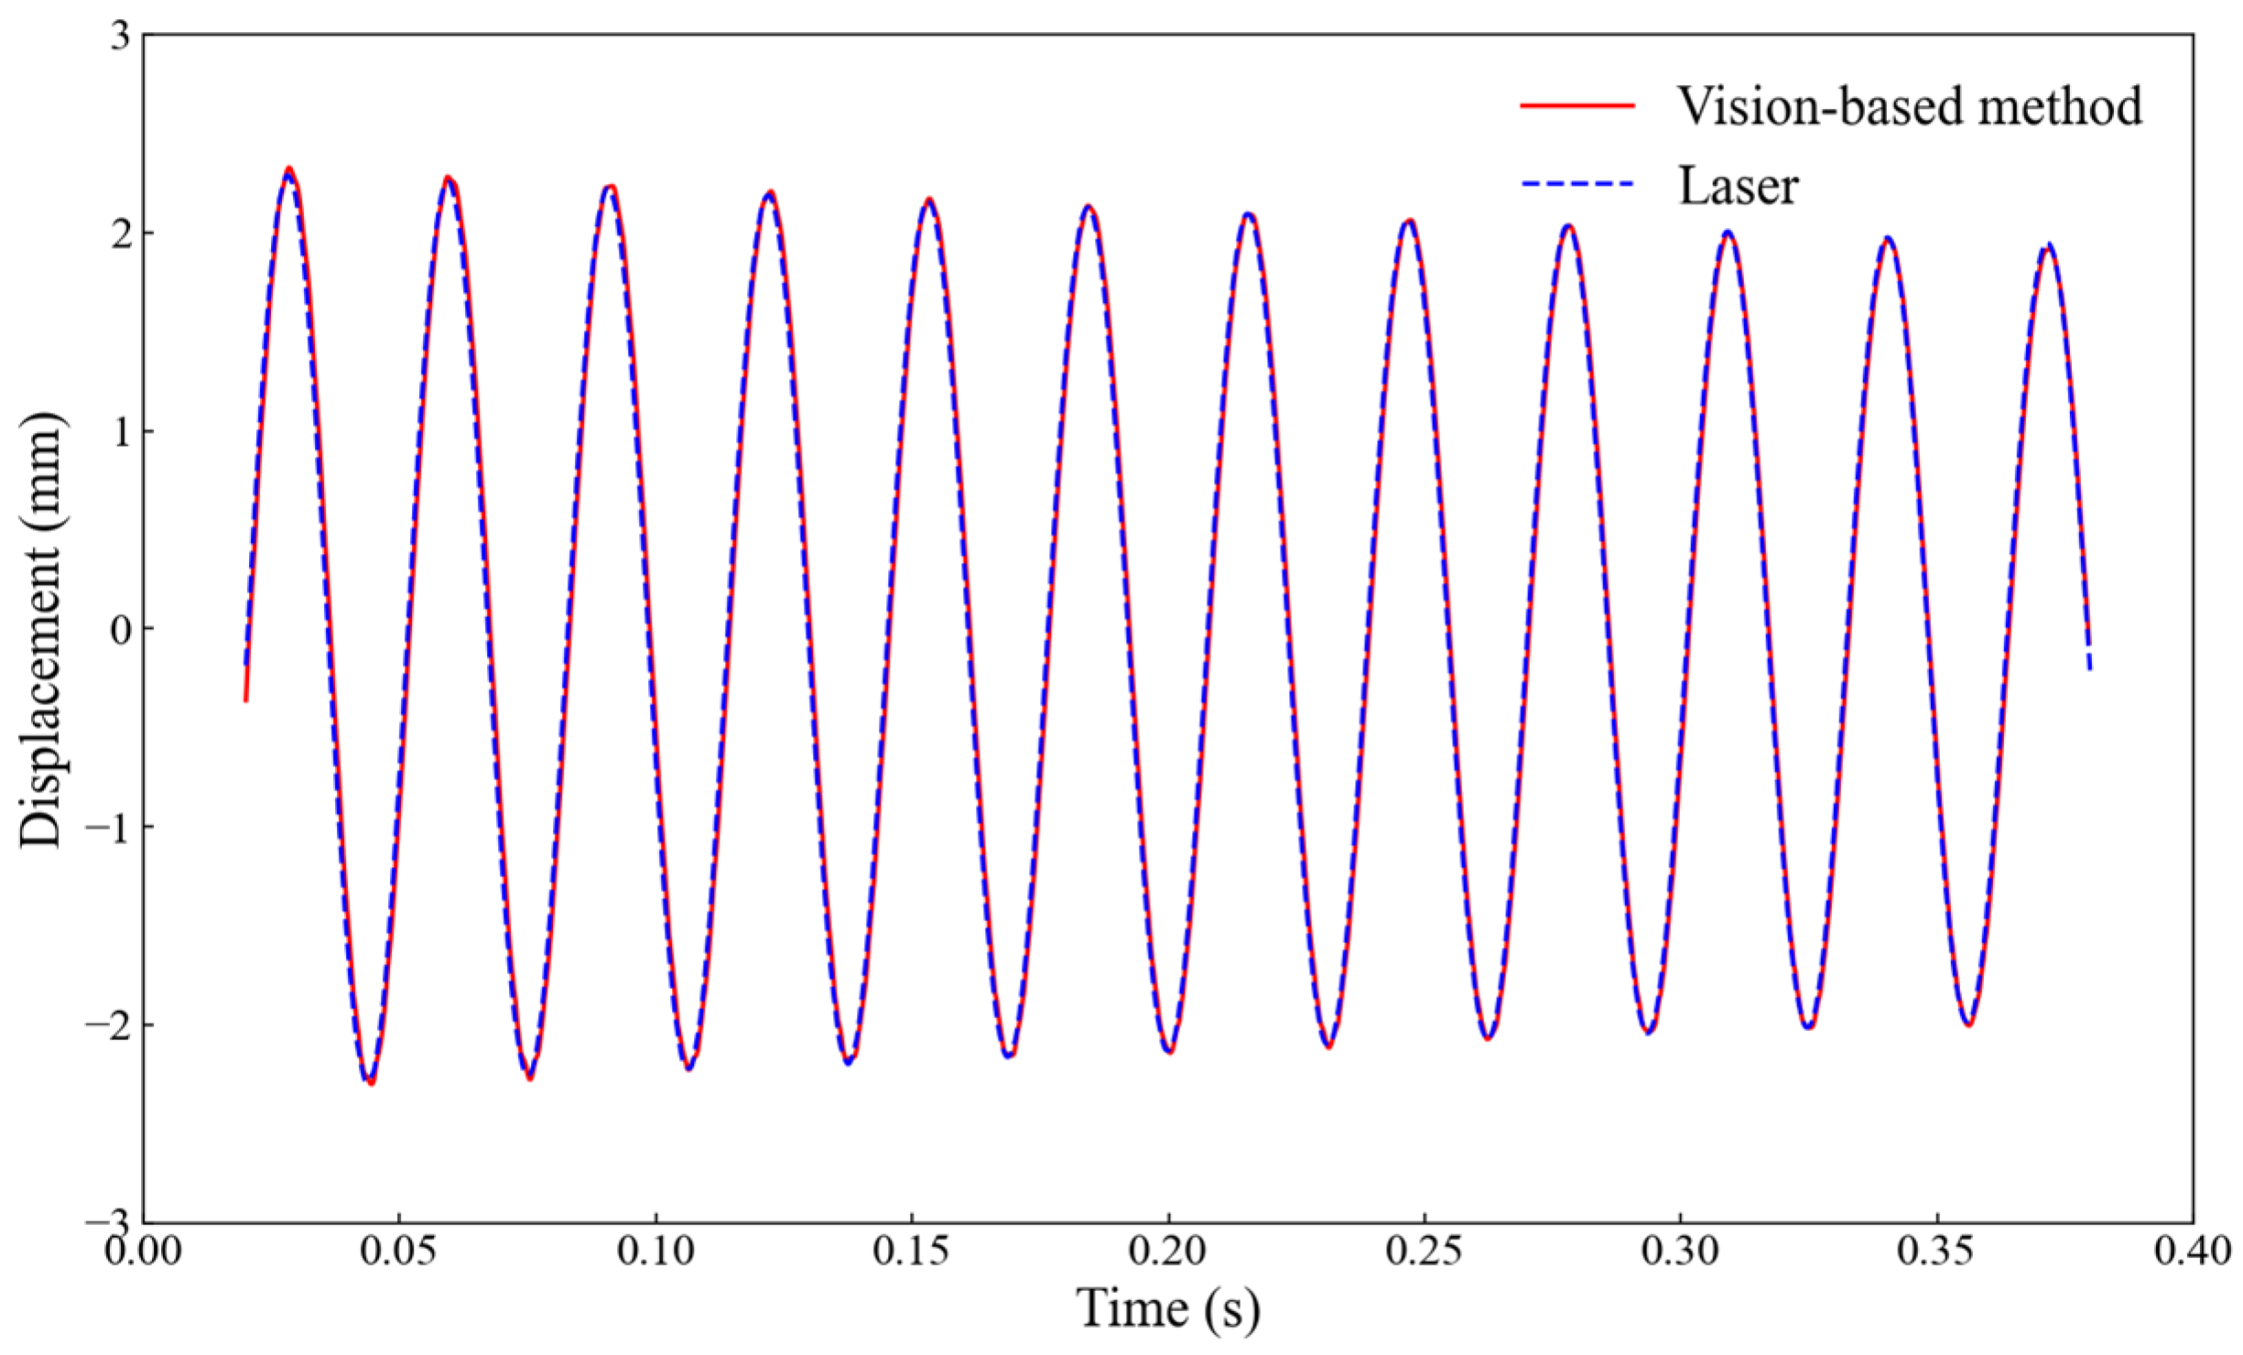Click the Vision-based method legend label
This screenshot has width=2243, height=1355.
[1909, 106]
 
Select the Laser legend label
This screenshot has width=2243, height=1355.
[1738, 186]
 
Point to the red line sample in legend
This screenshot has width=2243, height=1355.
[1577, 106]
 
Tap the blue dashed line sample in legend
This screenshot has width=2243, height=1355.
[1577, 185]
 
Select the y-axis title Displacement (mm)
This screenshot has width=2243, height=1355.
[41, 630]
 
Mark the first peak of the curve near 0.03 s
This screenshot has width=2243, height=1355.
[288, 169]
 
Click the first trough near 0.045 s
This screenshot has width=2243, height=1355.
[370, 1082]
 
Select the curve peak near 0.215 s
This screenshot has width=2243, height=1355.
[1249, 215]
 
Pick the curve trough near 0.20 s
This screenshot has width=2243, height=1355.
[1169, 1051]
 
